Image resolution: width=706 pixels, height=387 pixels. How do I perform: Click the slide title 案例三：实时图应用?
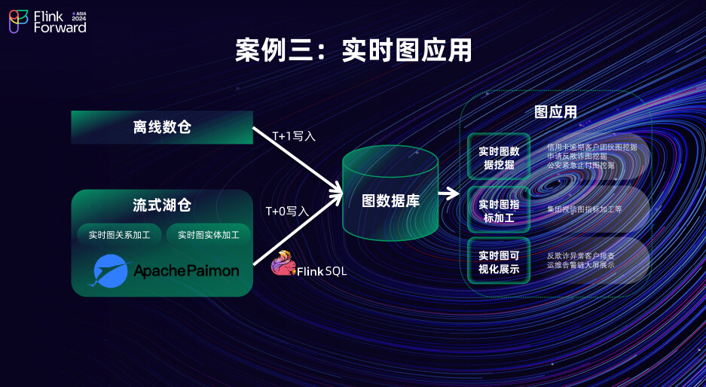(353, 50)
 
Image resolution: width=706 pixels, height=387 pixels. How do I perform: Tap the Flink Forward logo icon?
(19, 21)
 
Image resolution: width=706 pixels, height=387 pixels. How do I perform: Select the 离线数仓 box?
(162, 127)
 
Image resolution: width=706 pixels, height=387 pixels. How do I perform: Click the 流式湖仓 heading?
(161, 206)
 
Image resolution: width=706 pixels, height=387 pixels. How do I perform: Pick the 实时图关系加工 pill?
(119, 235)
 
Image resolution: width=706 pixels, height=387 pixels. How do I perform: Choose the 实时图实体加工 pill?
(209, 235)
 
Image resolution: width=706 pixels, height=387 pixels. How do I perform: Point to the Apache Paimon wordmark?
(186, 270)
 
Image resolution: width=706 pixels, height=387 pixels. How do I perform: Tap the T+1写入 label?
(293, 136)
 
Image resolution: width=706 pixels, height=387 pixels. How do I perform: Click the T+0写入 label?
(287, 212)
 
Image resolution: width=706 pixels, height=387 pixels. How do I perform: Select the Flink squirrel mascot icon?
(283, 263)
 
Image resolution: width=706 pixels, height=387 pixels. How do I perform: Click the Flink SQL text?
(322, 271)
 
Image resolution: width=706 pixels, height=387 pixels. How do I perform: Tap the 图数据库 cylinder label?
(390, 201)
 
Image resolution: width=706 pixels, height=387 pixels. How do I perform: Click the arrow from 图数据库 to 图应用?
(449, 193)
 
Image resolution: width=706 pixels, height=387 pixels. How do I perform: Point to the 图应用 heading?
(555, 112)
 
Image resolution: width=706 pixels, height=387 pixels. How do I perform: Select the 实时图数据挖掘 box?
(499, 157)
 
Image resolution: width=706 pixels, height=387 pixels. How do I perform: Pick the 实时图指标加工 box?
(499, 210)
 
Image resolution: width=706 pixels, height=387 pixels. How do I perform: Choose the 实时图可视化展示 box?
(499, 261)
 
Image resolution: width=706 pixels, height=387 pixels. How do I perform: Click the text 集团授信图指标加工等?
(584, 210)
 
